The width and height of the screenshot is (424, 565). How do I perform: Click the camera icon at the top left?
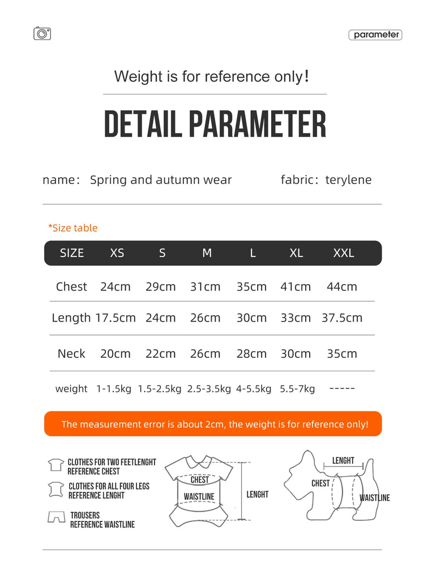[x=42, y=34]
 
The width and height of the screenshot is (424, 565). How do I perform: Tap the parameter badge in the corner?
[x=375, y=35]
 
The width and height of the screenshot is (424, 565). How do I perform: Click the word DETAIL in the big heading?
[x=142, y=125]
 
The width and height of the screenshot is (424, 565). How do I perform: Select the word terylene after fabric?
[x=348, y=180]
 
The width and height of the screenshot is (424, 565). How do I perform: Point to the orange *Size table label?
[x=72, y=228]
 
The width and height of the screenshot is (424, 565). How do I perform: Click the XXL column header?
[x=344, y=253]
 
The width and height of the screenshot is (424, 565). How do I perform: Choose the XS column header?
[x=117, y=253]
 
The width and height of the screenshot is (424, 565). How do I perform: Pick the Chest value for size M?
[x=205, y=286]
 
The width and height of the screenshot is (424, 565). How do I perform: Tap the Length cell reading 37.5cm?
[x=342, y=318]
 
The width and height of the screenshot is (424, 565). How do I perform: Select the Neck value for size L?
[x=251, y=354]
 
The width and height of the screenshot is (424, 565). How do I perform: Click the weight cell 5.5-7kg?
[x=297, y=389]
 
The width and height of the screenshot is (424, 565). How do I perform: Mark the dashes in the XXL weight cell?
[x=342, y=389]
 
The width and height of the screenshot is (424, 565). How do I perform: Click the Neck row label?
[x=71, y=354]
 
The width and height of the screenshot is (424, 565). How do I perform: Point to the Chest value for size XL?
[x=295, y=286]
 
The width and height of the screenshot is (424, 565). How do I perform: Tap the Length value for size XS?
[x=115, y=318]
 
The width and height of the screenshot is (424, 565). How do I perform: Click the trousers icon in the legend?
[x=56, y=517]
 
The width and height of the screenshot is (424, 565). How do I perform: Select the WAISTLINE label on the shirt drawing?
[x=199, y=497]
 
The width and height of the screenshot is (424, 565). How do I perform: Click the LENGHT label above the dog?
[x=343, y=461]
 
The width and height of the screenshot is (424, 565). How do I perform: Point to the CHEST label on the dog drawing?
[x=320, y=483]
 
